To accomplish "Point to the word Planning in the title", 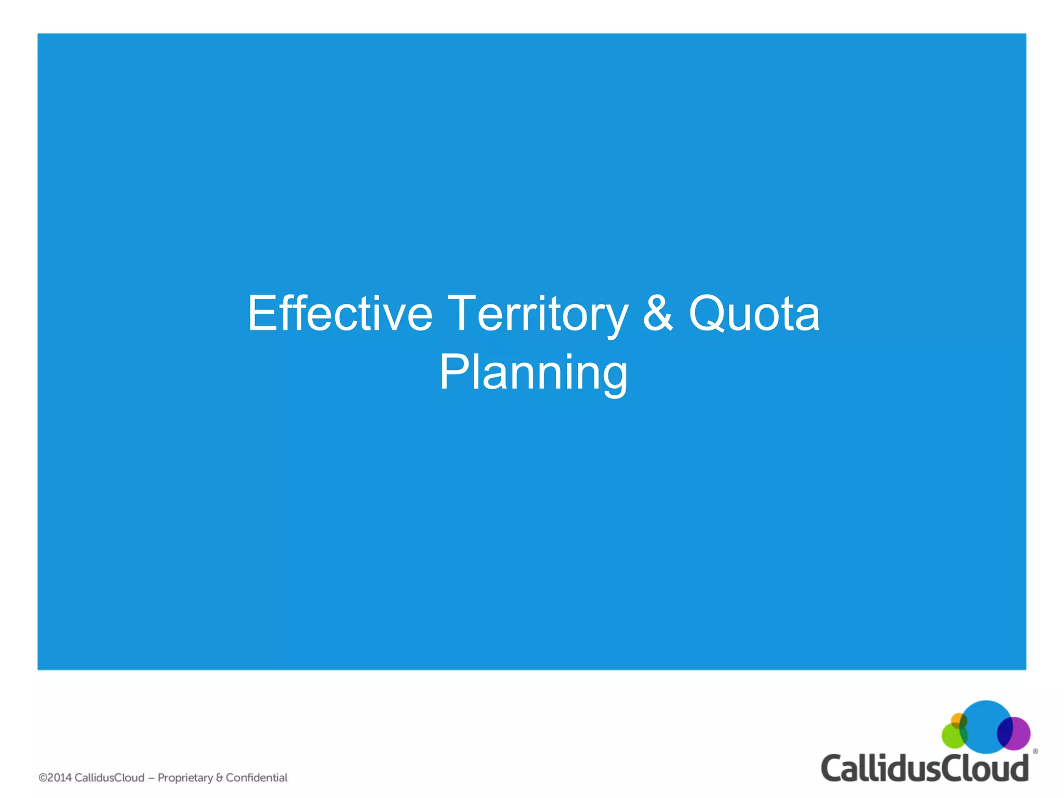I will (534, 373).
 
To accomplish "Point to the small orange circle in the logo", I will (957, 720).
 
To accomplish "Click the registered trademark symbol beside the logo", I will (1035, 751).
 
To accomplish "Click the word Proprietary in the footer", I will (185, 778).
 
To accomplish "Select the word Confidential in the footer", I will (256, 778).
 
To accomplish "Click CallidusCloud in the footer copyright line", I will (110, 778).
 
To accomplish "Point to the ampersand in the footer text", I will (219, 778).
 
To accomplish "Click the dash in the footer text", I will (151, 778).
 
